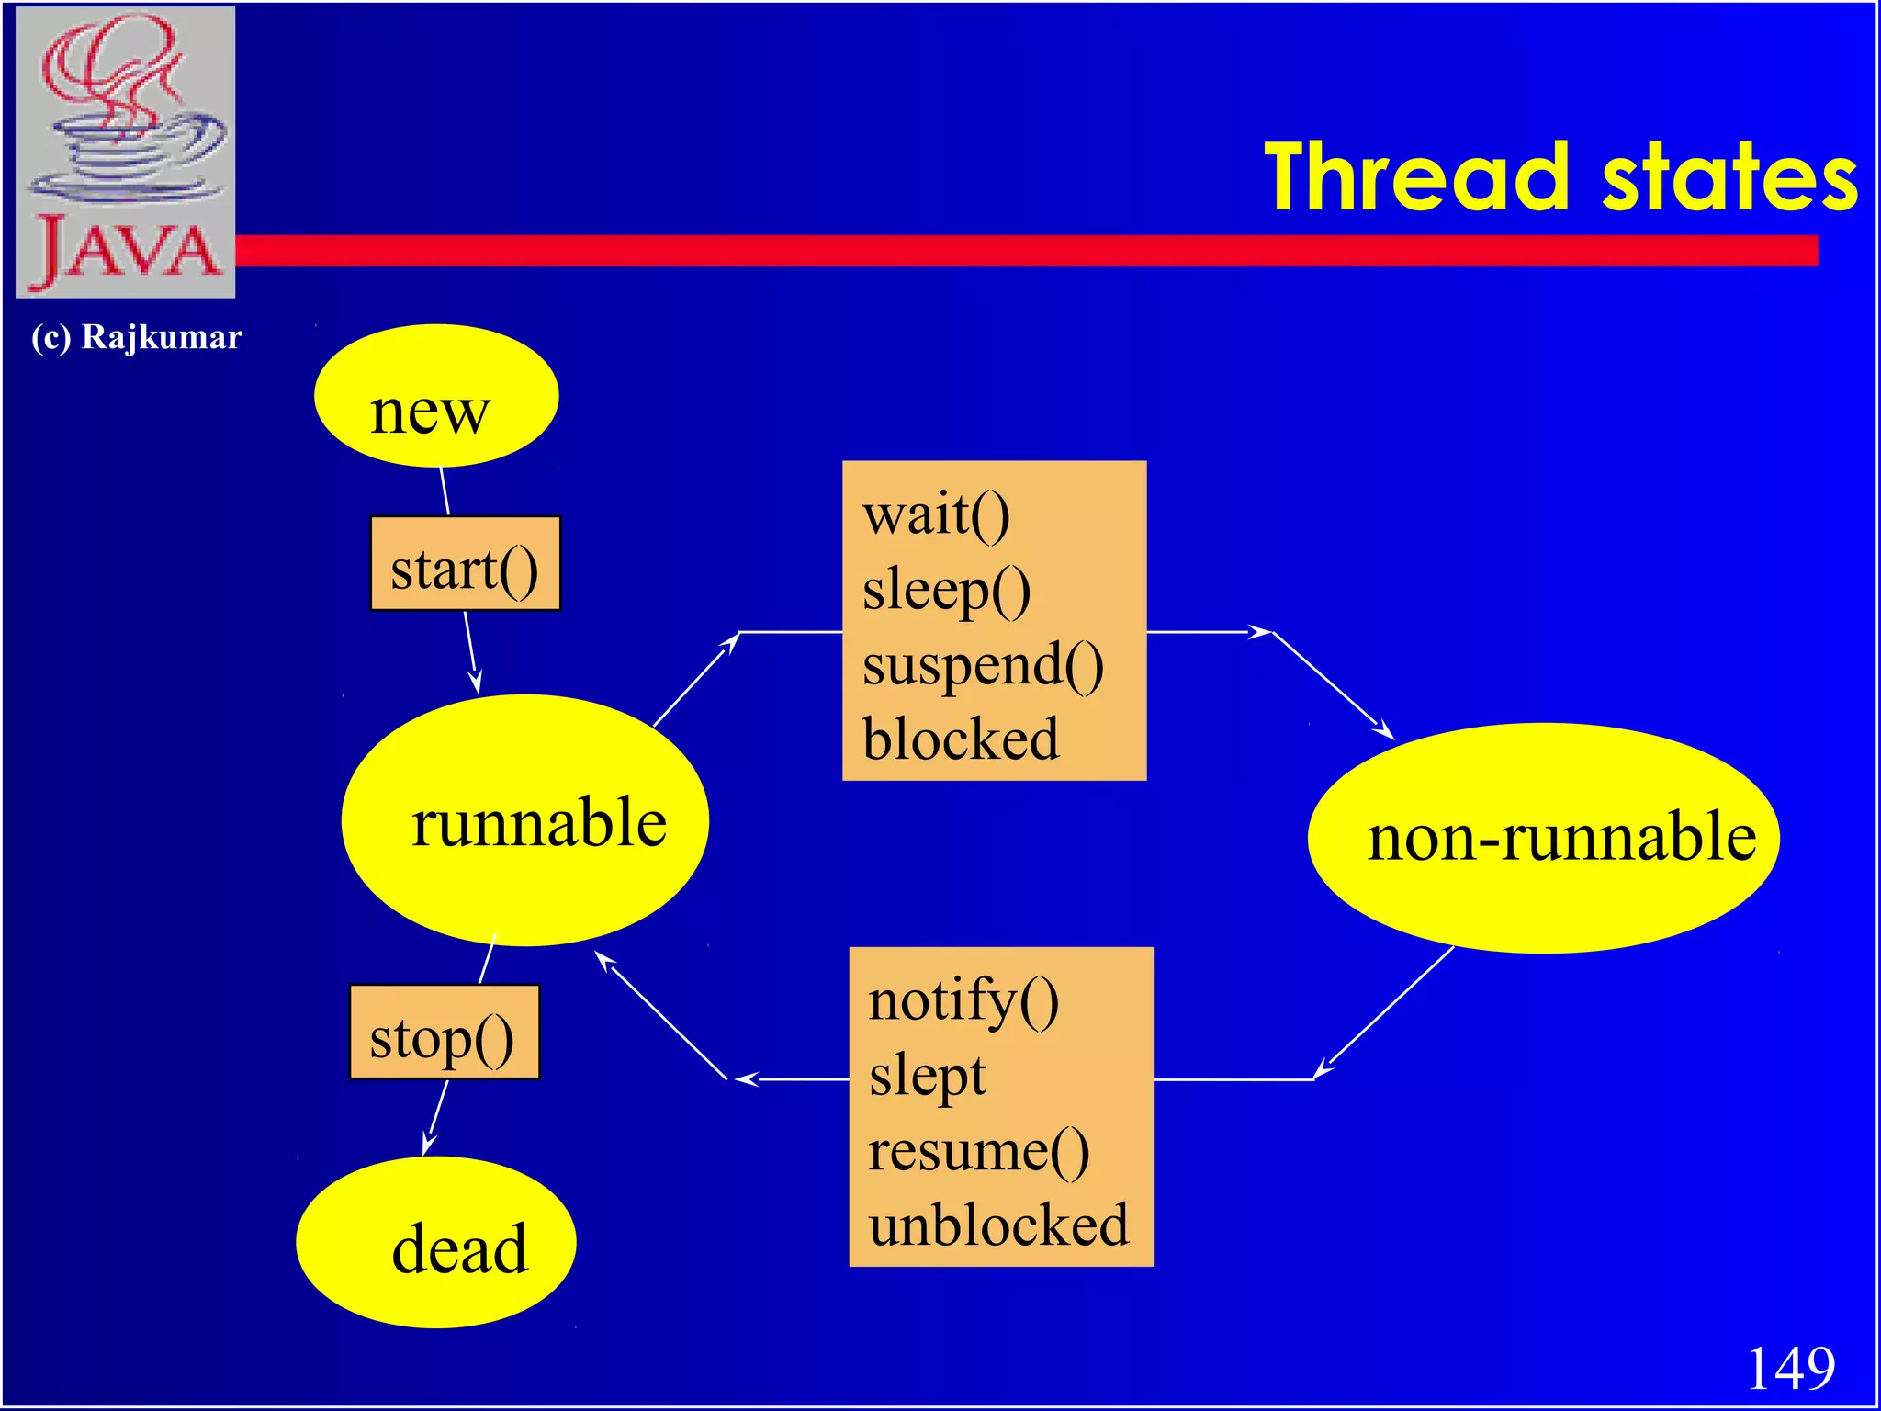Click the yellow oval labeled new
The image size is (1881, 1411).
click(x=435, y=397)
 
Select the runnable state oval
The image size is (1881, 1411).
click(x=524, y=820)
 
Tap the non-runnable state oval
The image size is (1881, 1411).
click(x=1543, y=838)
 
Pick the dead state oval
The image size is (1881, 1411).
click(x=436, y=1243)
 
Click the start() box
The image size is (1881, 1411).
click(x=465, y=564)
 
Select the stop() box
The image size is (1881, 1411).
click(x=444, y=1033)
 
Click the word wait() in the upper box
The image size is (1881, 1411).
click(x=936, y=515)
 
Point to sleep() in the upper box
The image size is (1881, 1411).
click(x=946, y=591)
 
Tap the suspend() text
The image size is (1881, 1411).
click(x=983, y=666)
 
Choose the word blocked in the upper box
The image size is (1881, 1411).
click(x=961, y=739)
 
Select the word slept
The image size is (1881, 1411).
click(x=927, y=1077)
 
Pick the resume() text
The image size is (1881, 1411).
click(x=978, y=1151)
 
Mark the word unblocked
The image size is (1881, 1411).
click(x=998, y=1226)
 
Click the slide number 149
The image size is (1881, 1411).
click(x=1790, y=1369)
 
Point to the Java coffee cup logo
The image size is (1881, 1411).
click(x=126, y=152)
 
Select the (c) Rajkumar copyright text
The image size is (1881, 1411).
click(x=137, y=337)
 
